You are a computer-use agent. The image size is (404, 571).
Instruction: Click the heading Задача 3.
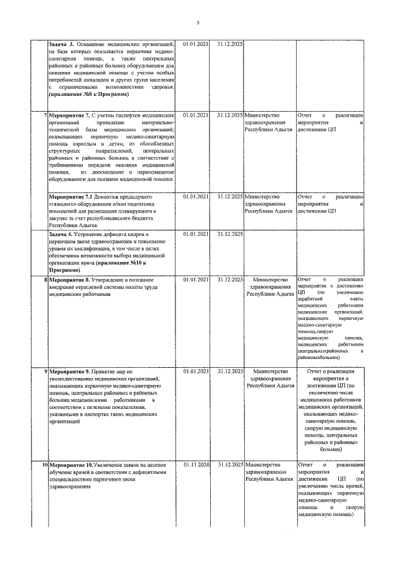click(x=61, y=45)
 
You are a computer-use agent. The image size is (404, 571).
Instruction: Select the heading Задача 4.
click(x=61, y=235)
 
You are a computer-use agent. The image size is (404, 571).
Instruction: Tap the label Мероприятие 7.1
click(x=71, y=197)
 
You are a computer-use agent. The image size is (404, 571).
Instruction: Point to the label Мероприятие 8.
click(x=69, y=279)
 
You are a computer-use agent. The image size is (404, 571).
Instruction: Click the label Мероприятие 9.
click(x=69, y=372)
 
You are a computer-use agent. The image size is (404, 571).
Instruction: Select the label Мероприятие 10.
click(x=71, y=465)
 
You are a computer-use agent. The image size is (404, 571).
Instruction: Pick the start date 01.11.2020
click(x=196, y=465)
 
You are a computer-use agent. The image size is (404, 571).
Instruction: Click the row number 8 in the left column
click(x=45, y=279)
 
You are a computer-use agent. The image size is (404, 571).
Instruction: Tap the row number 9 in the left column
click(x=45, y=372)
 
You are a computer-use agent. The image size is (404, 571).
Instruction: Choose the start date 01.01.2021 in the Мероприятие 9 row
click(x=196, y=372)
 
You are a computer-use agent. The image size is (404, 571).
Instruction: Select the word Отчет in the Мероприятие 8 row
click(x=304, y=279)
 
